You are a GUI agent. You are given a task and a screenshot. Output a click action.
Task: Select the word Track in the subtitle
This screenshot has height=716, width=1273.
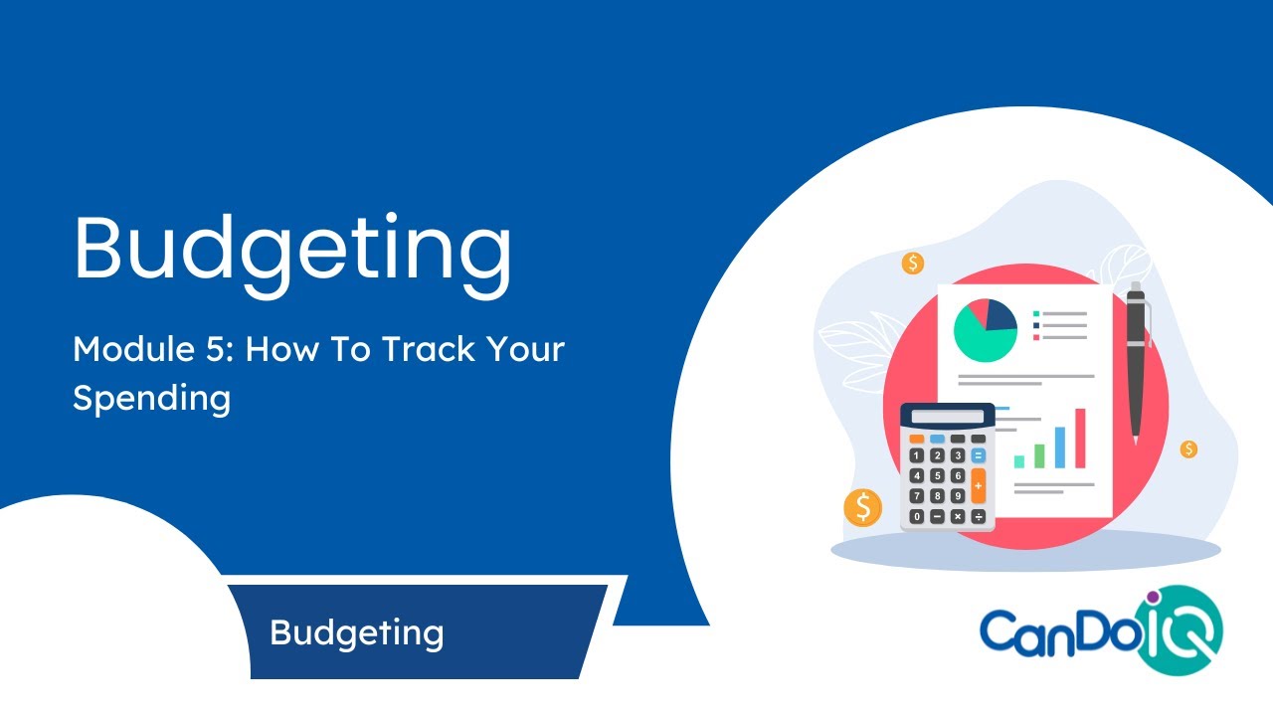(x=431, y=350)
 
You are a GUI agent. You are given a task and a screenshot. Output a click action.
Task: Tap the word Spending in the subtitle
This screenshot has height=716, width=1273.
(x=151, y=398)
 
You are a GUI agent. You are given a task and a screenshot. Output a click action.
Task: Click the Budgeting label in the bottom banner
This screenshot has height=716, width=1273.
(x=356, y=632)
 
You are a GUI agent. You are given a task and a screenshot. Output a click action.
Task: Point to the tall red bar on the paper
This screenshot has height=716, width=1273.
(x=1080, y=438)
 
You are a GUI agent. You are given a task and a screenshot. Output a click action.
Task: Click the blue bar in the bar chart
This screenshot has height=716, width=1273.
(x=1060, y=447)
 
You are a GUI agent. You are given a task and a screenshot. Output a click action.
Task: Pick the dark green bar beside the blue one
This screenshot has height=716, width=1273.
(x=1039, y=455)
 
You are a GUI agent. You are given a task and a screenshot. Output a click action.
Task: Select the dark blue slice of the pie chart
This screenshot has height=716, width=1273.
(x=1000, y=316)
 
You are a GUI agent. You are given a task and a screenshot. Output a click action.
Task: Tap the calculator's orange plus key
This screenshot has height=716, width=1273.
(x=979, y=485)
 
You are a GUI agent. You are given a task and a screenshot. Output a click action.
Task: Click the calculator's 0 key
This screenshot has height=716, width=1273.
(x=916, y=516)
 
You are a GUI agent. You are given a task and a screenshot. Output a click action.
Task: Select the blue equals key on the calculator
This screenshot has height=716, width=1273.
(x=979, y=455)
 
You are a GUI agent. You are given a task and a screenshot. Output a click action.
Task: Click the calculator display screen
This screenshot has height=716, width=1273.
(x=947, y=417)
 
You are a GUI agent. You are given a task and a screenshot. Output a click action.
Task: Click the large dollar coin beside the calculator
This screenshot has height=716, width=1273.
(x=862, y=507)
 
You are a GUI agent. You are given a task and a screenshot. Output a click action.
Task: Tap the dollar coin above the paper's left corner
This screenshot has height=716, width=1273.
(x=913, y=264)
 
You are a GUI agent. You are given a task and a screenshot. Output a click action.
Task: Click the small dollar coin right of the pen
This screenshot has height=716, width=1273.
(x=1188, y=448)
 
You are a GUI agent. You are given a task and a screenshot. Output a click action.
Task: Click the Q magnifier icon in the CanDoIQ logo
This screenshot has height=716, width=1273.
(x=1189, y=630)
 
